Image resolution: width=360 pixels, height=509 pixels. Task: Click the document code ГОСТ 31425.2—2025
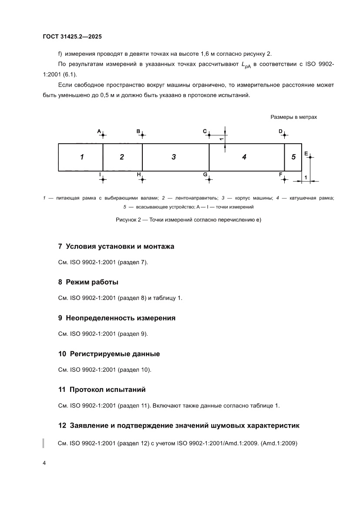[72, 37]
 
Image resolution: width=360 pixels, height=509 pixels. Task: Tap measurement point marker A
[103, 135]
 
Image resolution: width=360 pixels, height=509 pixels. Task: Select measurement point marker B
[142, 135]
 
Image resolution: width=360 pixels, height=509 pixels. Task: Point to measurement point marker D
[284, 135]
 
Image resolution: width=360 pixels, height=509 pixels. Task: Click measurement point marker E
[310, 157]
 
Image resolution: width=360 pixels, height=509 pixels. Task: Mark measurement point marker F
[284, 179]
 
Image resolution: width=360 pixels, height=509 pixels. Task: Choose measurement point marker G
[209, 179]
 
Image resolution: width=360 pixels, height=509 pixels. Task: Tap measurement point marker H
[142, 179]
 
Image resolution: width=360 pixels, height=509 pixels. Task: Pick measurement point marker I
[103, 179]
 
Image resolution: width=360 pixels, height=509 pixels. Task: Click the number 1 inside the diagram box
[81, 157]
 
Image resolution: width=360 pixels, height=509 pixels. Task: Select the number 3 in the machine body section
[173, 157]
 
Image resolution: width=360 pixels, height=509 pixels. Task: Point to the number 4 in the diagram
[244, 157]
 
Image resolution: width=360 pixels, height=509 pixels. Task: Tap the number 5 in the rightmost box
[293, 157]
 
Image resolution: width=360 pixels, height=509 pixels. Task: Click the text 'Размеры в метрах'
[294, 117]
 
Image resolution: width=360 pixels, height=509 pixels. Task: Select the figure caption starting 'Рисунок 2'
[188, 220]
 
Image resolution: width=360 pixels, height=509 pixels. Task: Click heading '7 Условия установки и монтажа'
[116, 246]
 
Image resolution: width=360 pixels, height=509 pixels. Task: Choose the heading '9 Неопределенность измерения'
[117, 318]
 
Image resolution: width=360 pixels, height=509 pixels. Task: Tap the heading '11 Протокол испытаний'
[102, 389]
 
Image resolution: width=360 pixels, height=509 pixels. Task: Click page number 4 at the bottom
[44, 463]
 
